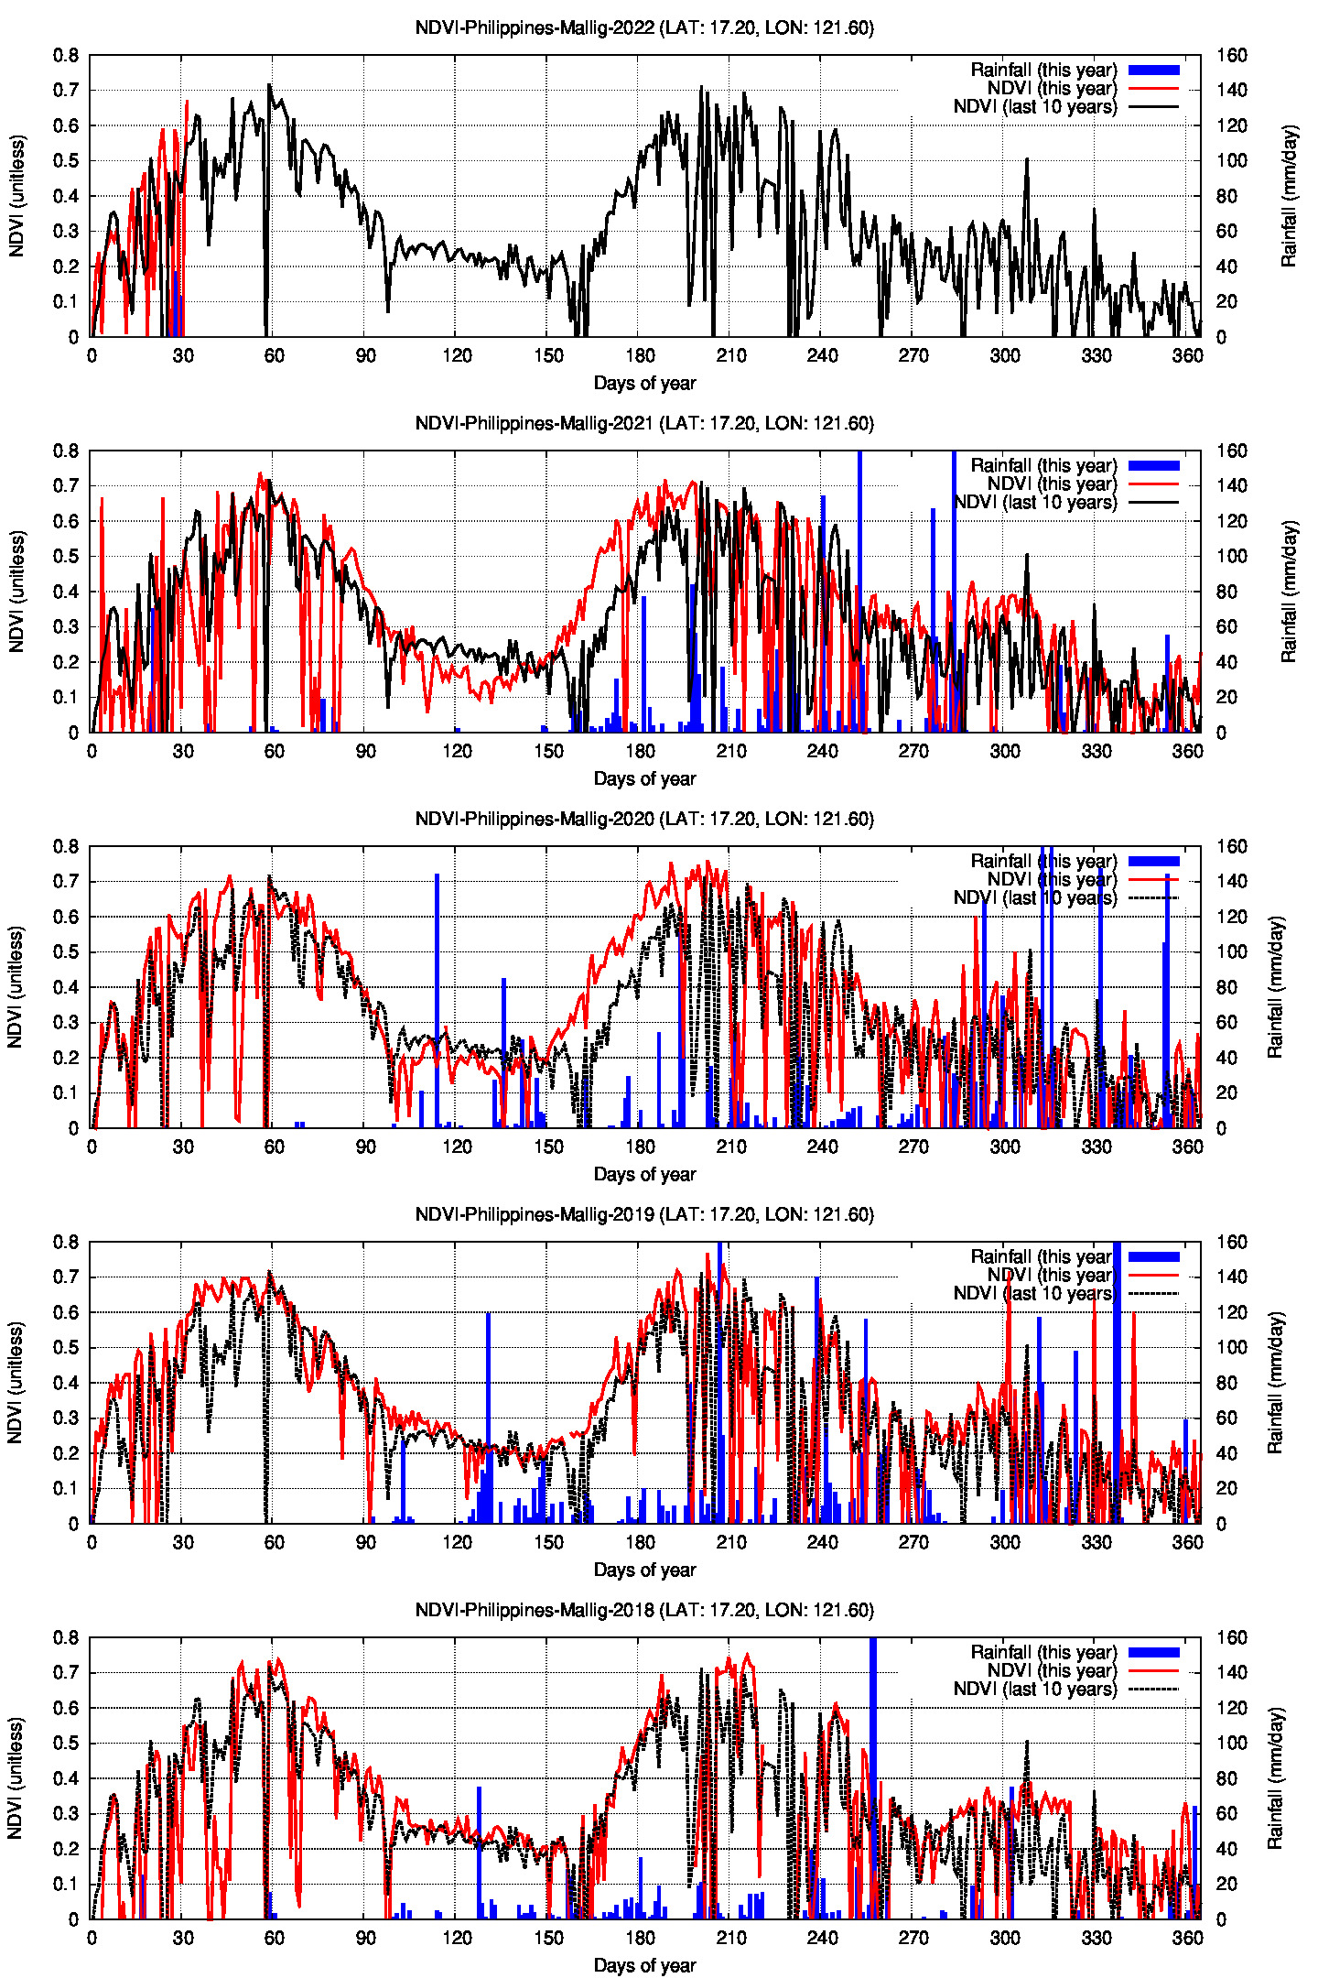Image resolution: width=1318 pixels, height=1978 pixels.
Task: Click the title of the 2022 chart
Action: point(644,27)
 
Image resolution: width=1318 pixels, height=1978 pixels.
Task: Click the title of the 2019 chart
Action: point(644,1214)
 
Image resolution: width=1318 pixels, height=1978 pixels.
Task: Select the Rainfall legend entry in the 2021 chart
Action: point(1043,465)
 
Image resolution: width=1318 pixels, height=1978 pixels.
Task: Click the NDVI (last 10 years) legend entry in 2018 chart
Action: point(1035,1689)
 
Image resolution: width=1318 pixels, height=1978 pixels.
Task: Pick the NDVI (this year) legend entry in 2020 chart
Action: point(1052,879)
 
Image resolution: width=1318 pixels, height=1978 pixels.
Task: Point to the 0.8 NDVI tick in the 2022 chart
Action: point(66,55)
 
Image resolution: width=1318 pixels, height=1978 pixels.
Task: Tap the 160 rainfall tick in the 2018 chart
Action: point(1232,1637)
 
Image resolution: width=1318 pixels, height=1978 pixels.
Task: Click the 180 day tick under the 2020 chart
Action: point(640,1147)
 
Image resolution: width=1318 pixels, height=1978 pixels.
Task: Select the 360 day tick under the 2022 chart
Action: point(1187,355)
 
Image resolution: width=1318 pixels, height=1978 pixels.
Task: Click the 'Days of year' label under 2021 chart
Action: point(644,778)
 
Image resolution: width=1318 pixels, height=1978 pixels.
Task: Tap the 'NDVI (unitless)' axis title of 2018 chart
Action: point(15,1778)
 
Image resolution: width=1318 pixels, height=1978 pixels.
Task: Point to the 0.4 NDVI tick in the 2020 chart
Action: point(66,987)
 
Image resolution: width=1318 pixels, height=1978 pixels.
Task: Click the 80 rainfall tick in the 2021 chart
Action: point(1227,592)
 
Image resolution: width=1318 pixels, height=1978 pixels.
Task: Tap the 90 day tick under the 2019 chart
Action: point(366,1542)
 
